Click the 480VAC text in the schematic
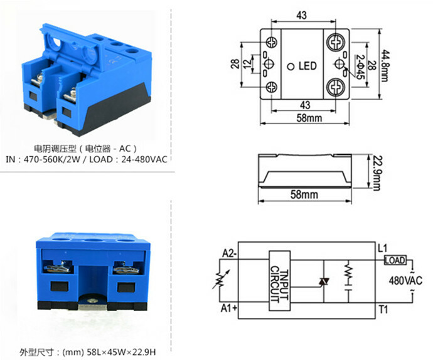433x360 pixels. [404, 280]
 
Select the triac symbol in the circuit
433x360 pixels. [324, 282]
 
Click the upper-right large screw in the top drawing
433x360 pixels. [333, 42]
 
